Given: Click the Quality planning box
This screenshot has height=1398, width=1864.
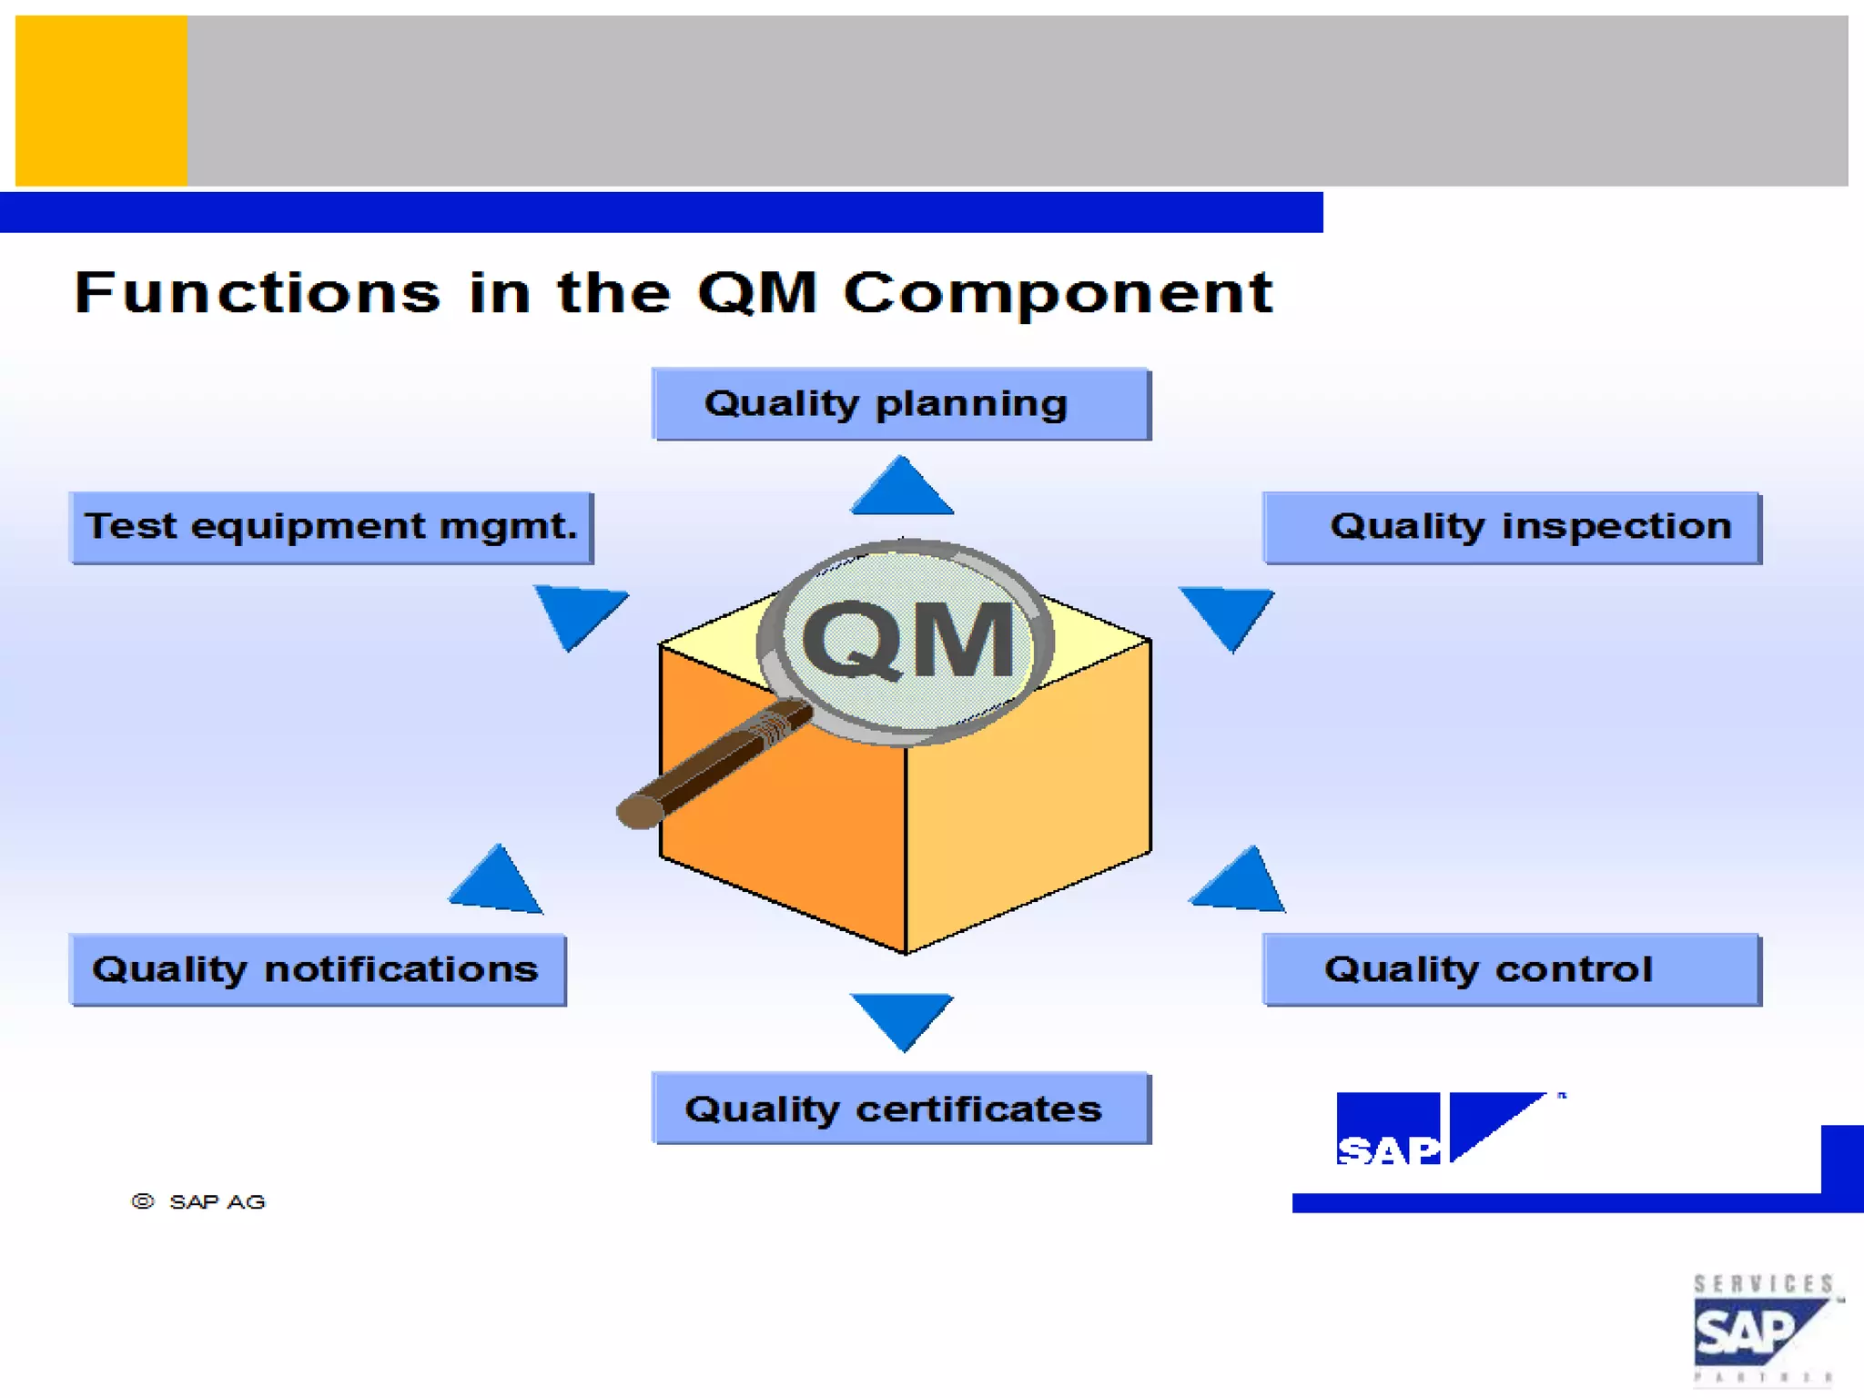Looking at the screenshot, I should click(x=901, y=404).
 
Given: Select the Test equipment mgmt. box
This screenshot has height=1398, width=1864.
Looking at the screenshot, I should click(x=331, y=528).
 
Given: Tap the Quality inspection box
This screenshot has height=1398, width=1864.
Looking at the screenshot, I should click(x=1512, y=528).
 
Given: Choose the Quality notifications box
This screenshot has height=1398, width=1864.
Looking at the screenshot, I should click(x=317, y=969).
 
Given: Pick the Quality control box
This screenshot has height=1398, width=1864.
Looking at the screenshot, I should click(x=1512, y=969).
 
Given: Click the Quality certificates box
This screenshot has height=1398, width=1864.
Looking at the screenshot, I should click(x=901, y=1109).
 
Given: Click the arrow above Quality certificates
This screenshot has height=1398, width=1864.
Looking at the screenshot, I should click(x=901, y=1018).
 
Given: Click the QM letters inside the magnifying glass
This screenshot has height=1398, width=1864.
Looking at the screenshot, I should click(x=907, y=641).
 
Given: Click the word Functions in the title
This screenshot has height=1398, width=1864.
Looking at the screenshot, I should click(x=257, y=293).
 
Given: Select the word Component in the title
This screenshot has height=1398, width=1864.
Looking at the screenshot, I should click(x=1058, y=293).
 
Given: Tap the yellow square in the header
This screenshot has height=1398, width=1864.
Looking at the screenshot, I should click(x=101, y=100).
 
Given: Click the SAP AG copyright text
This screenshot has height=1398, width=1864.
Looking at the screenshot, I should click(x=199, y=1202).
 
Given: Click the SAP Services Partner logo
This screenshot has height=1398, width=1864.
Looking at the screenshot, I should click(x=1762, y=1330).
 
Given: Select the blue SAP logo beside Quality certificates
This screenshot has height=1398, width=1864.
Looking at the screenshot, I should click(x=1447, y=1129).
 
